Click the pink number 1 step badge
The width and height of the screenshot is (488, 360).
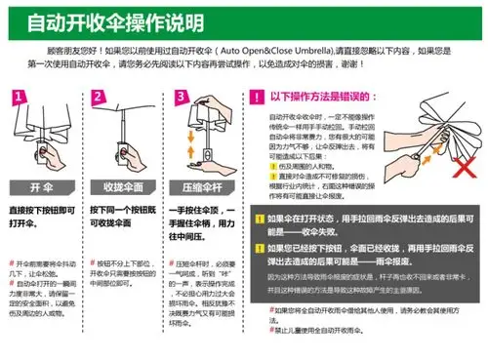pyautogui.click(x=20, y=99)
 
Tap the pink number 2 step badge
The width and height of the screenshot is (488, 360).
pyautogui.click(x=100, y=99)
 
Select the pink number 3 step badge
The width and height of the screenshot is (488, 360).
pyautogui.click(x=179, y=99)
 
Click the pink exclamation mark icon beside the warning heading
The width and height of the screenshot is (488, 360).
pyautogui.click(x=257, y=98)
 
